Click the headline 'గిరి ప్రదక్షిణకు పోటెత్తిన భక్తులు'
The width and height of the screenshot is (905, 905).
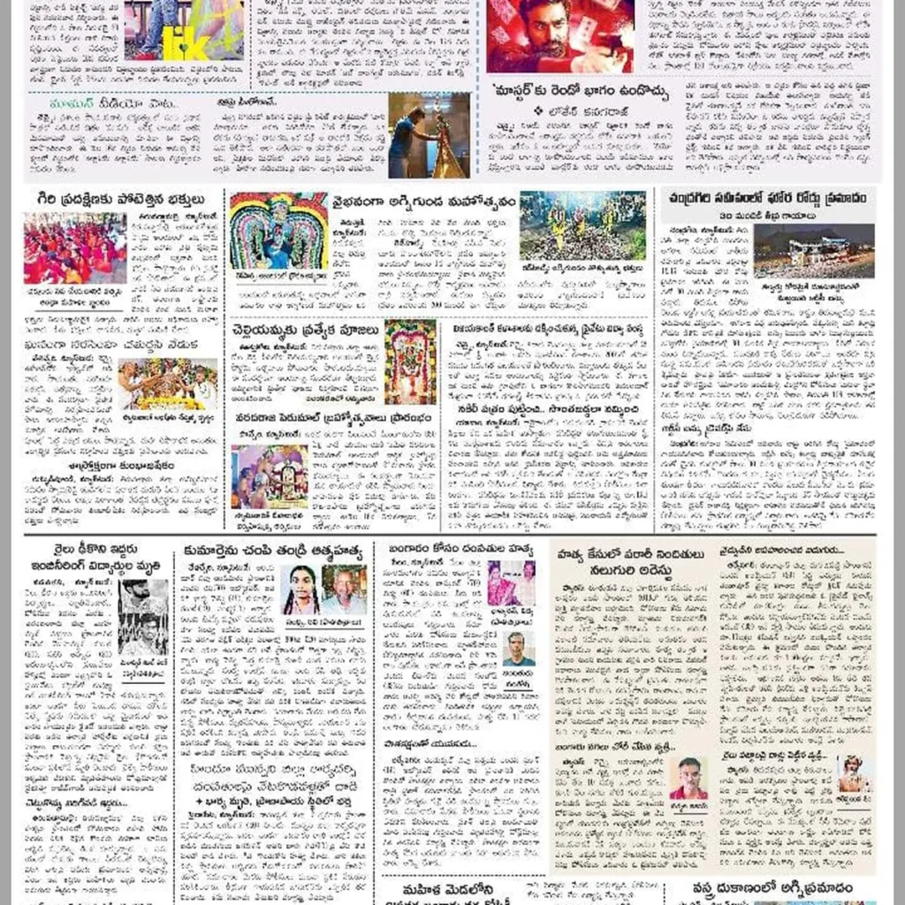[115, 198]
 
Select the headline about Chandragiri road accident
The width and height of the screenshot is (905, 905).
[768, 196]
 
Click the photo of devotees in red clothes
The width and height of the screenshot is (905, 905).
[75, 248]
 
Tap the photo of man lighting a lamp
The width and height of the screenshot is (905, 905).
[429, 135]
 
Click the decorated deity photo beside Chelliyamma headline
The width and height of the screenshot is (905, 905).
[410, 361]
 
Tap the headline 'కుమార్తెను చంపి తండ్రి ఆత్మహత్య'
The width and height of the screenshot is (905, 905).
[274, 552]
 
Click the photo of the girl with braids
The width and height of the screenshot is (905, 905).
[301, 589]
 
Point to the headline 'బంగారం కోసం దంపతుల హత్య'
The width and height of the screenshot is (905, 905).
[460, 550]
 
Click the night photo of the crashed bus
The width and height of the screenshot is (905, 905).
[813, 251]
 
